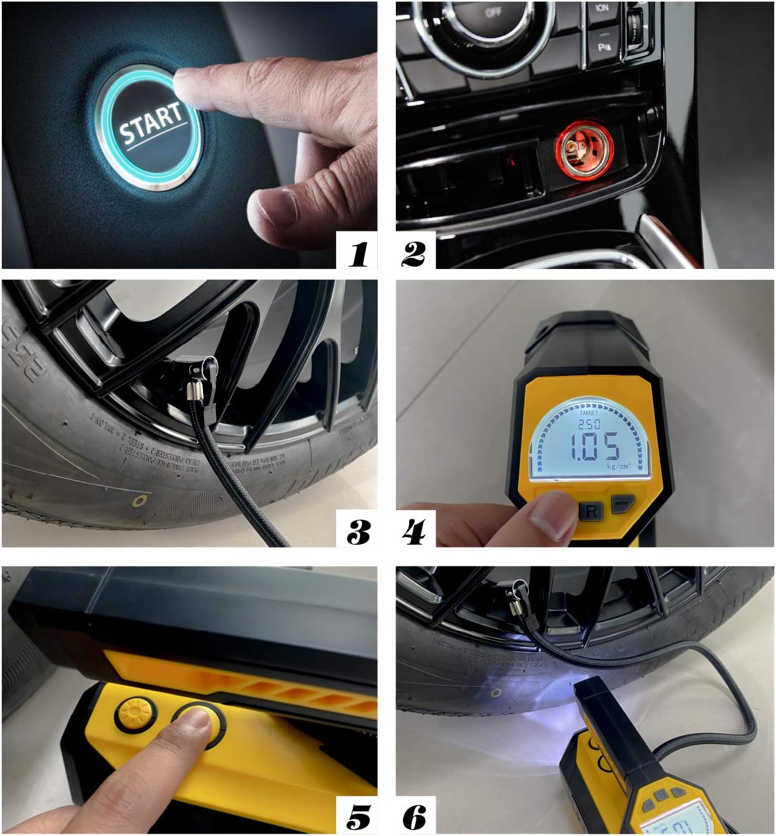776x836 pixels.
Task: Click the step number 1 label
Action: click(x=358, y=253)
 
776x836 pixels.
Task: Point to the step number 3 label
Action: click(x=358, y=532)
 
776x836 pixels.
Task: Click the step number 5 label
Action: click(x=358, y=817)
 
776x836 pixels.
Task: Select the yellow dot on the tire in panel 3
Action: click(x=140, y=501)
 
